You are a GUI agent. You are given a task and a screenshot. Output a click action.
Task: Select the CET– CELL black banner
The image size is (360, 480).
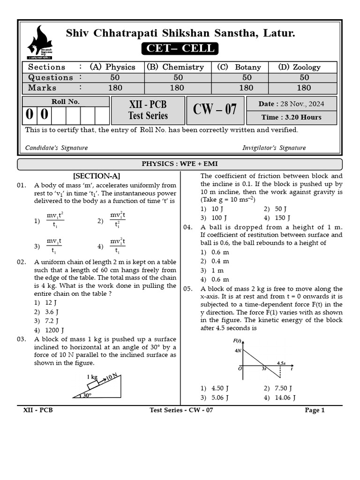pos(180,48)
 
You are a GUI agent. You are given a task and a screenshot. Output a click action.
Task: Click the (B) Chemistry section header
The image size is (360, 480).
pos(175,67)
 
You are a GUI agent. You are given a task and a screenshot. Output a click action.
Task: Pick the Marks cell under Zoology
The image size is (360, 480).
pos(304,88)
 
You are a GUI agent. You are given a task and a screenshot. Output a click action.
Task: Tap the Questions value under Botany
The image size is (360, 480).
pos(247,77)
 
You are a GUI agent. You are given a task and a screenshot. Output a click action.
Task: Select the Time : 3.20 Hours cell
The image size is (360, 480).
pos(298,117)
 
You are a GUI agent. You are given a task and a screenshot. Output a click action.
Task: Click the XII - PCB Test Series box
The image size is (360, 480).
pos(148,110)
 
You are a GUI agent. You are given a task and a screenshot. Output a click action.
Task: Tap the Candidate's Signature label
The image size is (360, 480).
pos(56,148)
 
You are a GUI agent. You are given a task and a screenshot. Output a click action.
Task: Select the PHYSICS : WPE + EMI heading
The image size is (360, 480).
pos(180,164)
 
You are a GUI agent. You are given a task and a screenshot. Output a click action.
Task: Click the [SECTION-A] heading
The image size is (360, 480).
pos(97,176)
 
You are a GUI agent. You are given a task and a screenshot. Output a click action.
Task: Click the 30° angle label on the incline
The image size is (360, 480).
pos(87,395)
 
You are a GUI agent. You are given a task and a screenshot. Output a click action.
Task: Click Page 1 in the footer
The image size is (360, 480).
pos(315,410)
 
